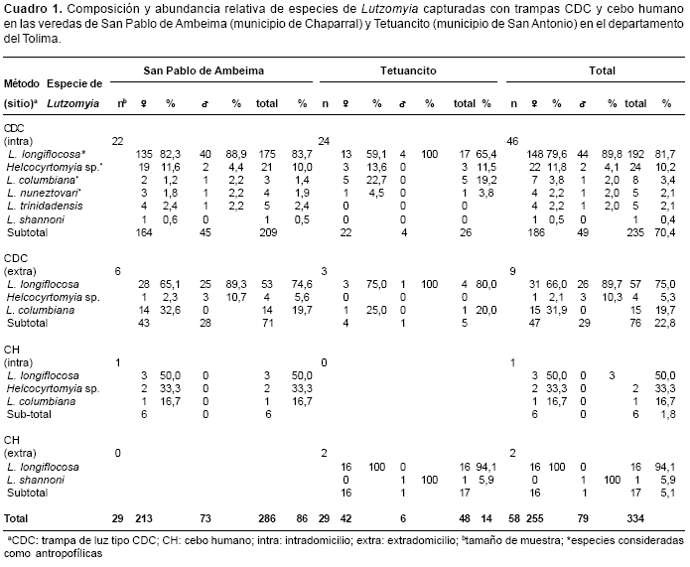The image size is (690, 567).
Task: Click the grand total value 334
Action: tap(633, 516)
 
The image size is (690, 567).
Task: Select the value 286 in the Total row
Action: tap(268, 516)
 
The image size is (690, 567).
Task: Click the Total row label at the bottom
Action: tap(20, 516)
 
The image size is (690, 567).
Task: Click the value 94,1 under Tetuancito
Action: tap(488, 465)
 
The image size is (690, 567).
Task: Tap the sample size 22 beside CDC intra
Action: tap(117, 141)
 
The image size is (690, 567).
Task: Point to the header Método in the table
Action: tap(22, 85)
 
